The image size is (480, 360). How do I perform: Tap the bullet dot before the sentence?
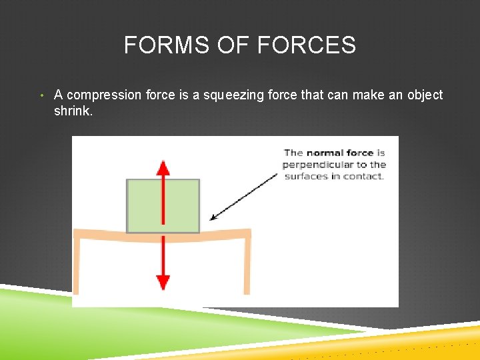pyautogui.click(x=42, y=96)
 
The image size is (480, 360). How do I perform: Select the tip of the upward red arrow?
pyautogui.click(x=163, y=162)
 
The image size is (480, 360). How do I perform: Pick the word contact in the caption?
pyautogui.click(x=365, y=177)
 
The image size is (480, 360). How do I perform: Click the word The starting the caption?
pyautogui.click(x=293, y=153)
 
